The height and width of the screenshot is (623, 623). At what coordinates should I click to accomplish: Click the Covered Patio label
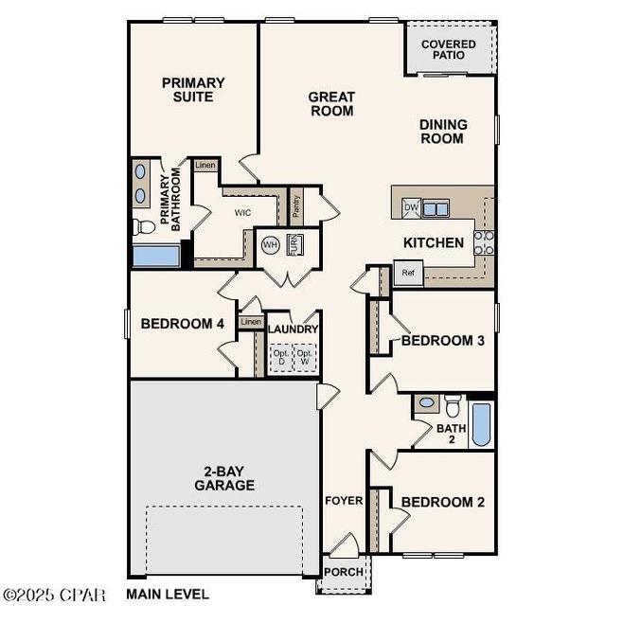point(449,49)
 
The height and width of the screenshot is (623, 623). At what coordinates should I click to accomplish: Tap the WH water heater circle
point(269,243)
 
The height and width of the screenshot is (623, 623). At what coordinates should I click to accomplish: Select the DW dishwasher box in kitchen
point(411,207)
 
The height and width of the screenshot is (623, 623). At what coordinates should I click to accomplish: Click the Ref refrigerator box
point(408,274)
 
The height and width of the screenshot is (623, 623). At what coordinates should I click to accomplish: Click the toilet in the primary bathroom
point(144,226)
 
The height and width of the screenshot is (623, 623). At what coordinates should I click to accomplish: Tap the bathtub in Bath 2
point(480,424)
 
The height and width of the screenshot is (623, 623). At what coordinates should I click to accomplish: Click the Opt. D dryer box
point(280,358)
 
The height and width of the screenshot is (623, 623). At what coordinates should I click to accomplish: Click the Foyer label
point(344,500)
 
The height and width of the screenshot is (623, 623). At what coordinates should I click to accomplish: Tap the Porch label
point(342,572)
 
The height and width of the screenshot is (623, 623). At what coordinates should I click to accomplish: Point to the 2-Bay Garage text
point(224,477)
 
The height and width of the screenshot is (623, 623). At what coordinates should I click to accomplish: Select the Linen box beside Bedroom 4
point(250,322)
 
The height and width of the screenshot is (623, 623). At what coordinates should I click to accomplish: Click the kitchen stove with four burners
point(483,242)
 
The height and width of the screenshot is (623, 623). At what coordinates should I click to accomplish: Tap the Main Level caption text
point(168,595)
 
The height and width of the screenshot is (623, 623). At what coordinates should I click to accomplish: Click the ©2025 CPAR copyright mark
point(57,595)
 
